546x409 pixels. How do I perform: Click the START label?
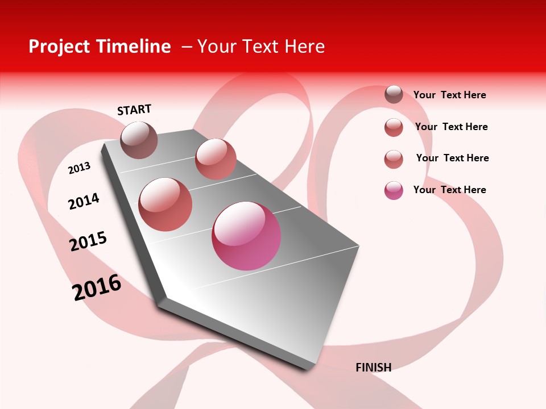coord(134,110)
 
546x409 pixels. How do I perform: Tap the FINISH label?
coord(373,368)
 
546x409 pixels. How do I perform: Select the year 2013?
coord(79,168)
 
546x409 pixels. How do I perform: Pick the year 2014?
coord(84,201)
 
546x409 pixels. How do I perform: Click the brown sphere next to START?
coord(139,140)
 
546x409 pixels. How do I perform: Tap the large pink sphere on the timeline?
coord(246,236)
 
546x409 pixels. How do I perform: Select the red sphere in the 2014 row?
coord(166,204)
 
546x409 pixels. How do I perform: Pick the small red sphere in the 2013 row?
coord(216,159)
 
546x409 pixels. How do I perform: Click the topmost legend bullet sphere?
coord(394,95)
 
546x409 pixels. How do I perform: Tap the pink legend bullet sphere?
coord(394,190)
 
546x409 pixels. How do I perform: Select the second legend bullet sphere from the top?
coord(394,127)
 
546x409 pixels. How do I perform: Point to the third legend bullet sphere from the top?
coord(394,159)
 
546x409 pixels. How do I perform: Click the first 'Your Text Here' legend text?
coord(449,95)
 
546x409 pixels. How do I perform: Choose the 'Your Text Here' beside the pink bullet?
coord(449,190)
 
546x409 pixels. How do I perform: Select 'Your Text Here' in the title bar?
coord(261,47)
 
